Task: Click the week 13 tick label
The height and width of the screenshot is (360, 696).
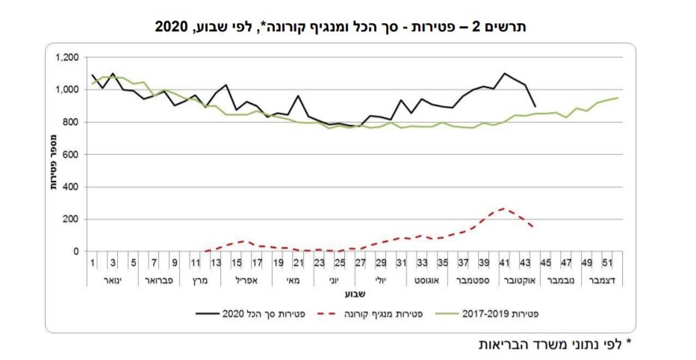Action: pos(215,263)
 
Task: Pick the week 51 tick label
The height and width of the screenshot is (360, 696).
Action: pos(609,263)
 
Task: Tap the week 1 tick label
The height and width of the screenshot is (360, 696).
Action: pos(93,263)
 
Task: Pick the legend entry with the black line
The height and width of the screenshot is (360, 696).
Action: pos(246,314)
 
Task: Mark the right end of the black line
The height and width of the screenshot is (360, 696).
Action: pos(535,107)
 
